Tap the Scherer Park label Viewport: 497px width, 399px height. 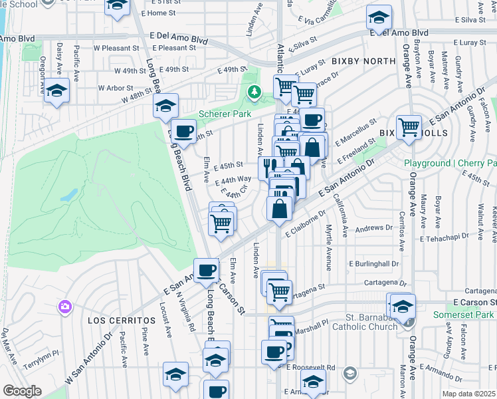(x=225, y=114)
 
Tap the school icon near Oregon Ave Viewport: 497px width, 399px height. (x=56, y=92)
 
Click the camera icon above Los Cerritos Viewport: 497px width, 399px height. (x=65, y=307)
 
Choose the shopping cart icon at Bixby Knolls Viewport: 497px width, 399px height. (x=408, y=127)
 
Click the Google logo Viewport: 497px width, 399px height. (x=22, y=391)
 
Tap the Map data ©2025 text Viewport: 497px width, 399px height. (x=468, y=394)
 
